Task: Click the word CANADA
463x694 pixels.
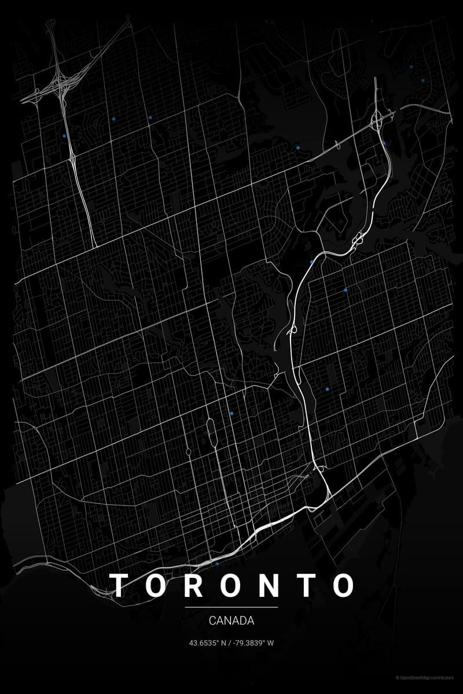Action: [x=231, y=621]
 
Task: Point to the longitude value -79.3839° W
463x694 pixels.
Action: [x=254, y=643]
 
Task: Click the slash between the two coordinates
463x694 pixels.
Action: [x=230, y=643]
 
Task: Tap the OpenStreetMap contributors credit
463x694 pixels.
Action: [x=428, y=677]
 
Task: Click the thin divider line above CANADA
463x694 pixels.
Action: [x=231, y=607]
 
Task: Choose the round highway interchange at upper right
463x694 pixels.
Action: [x=378, y=120]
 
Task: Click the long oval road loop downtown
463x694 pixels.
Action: [x=211, y=433]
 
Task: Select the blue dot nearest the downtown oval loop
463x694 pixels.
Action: [x=231, y=414]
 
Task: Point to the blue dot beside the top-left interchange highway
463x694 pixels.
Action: [x=64, y=136]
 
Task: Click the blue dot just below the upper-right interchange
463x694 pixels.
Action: [x=384, y=142]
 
